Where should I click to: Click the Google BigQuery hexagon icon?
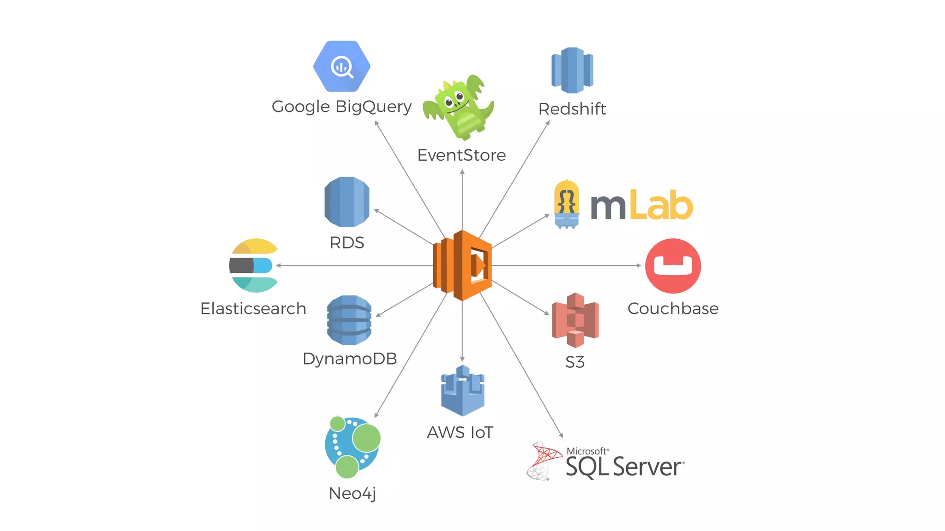[x=341, y=66]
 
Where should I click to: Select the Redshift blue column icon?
[x=572, y=70]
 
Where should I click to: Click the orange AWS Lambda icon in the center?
[x=462, y=265]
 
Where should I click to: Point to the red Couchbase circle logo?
[x=673, y=265]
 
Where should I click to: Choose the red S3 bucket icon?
[x=575, y=319]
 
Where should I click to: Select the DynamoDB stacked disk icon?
[x=349, y=320]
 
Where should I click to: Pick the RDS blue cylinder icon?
[x=347, y=202]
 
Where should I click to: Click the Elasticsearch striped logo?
[x=253, y=265]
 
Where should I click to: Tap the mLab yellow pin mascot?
[x=566, y=204]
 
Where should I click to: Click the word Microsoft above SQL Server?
[x=586, y=451]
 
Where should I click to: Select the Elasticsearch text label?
[x=253, y=308]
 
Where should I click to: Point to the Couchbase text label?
[x=673, y=308]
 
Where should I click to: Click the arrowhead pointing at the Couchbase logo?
[x=639, y=265]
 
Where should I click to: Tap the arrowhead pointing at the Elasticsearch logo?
[x=278, y=265]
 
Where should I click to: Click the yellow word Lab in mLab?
[x=661, y=205]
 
